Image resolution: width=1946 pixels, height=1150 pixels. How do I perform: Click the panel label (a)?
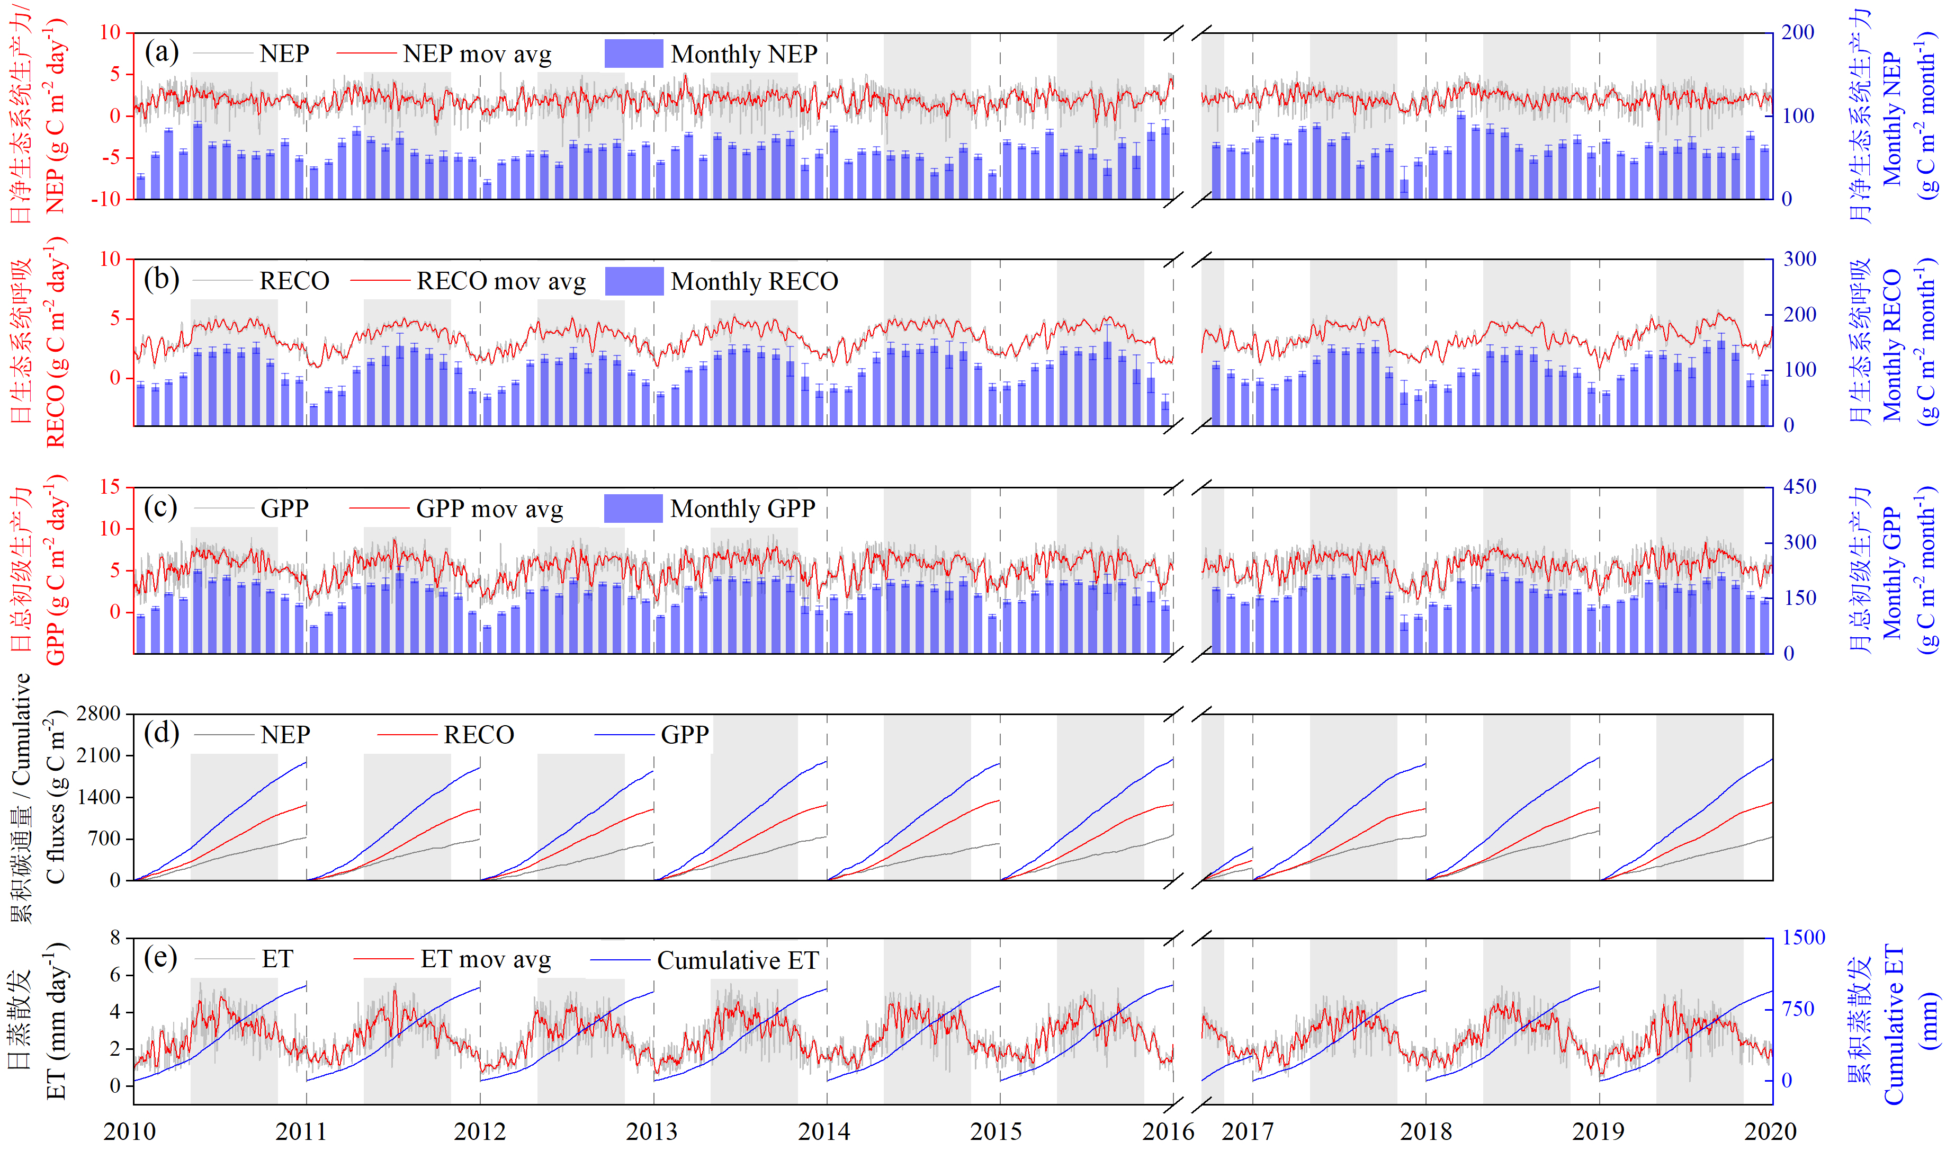[161, 52]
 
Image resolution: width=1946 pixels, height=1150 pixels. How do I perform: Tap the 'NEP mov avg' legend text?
[477, 54]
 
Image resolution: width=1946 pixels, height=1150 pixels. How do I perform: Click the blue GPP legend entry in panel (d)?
[684, 735]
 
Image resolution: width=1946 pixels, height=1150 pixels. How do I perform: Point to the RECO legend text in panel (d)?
[478, 735]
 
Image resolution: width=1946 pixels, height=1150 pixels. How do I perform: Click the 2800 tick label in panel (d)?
[98, 714]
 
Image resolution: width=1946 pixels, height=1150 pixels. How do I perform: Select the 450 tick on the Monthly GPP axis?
[1799, 487]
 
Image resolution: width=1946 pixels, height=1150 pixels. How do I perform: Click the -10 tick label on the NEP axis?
[106, 199]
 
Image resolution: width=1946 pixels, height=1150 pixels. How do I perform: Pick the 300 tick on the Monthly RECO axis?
[1799, 259]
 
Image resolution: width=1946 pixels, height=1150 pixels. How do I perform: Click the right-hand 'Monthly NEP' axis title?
[1892, 116]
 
